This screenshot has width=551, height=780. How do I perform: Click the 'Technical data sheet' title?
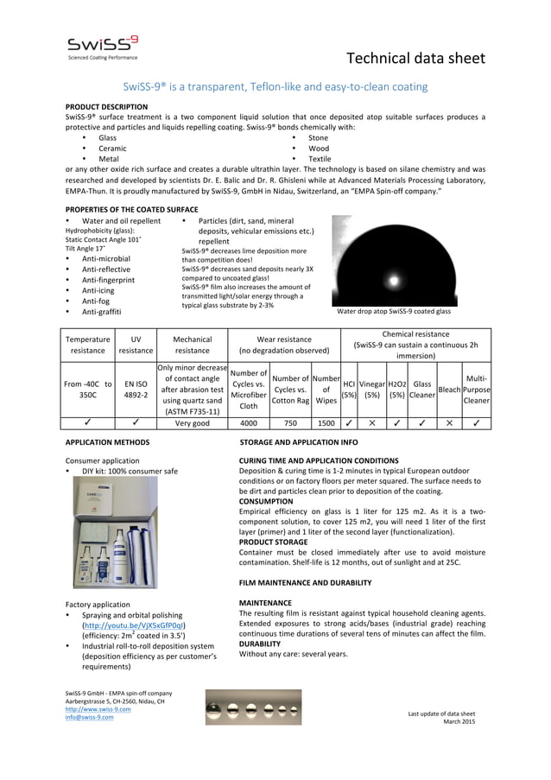[415, 58]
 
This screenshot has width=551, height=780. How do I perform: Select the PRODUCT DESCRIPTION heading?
[106, 107]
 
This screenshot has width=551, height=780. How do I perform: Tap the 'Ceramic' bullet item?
[112, 149]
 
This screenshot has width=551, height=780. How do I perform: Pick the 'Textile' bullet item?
[320, 159]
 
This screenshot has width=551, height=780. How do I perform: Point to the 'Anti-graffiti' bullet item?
[101, 311]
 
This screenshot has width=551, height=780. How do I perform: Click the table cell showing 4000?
[249, 423]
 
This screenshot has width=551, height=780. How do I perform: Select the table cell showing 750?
[289, 423]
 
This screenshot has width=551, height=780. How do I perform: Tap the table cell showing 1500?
[326, 423]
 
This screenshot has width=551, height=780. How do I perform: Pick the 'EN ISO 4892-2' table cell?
[136, 388]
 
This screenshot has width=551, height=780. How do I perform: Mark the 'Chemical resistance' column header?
[415, 333]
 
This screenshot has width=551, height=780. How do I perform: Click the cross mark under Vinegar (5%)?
[371, 423]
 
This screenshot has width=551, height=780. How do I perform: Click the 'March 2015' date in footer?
[459, 722]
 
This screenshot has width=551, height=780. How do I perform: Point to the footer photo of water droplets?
[253, 707]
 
